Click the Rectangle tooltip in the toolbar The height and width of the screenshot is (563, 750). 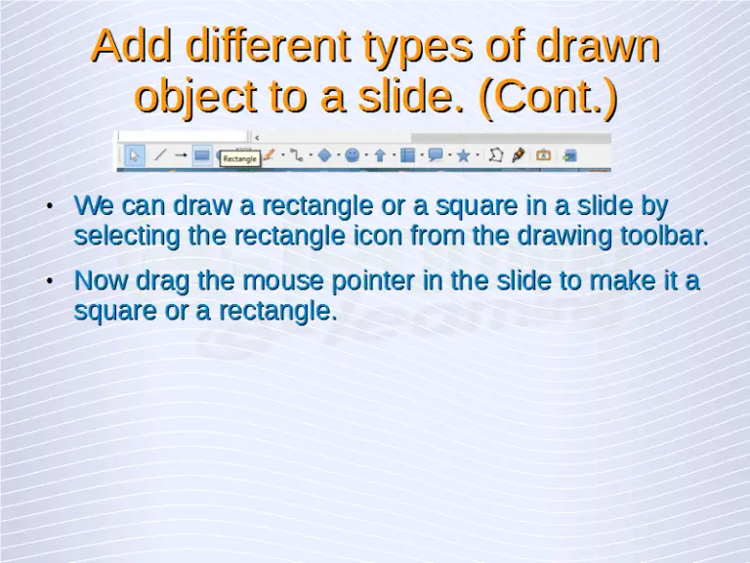tap(240, 158)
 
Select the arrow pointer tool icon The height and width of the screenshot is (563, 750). tap(135, 154)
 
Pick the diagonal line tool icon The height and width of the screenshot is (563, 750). tap(160, 154)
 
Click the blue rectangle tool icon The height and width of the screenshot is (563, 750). tap(202, 154)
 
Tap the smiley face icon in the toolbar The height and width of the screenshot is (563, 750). tap(353, 154)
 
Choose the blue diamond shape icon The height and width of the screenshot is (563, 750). tap(325, 154)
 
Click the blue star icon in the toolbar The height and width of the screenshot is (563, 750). tap(463, 154)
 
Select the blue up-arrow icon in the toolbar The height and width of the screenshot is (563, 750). tap(380, 154)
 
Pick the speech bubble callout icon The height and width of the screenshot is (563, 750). tap(436, 154)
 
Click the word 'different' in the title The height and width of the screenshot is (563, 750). tap(248, 46)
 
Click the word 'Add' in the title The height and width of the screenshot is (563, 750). tap(131, 46)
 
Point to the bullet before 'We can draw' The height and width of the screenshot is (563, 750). tap(49, 206)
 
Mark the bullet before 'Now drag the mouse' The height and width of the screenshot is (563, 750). tap(49, 282)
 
